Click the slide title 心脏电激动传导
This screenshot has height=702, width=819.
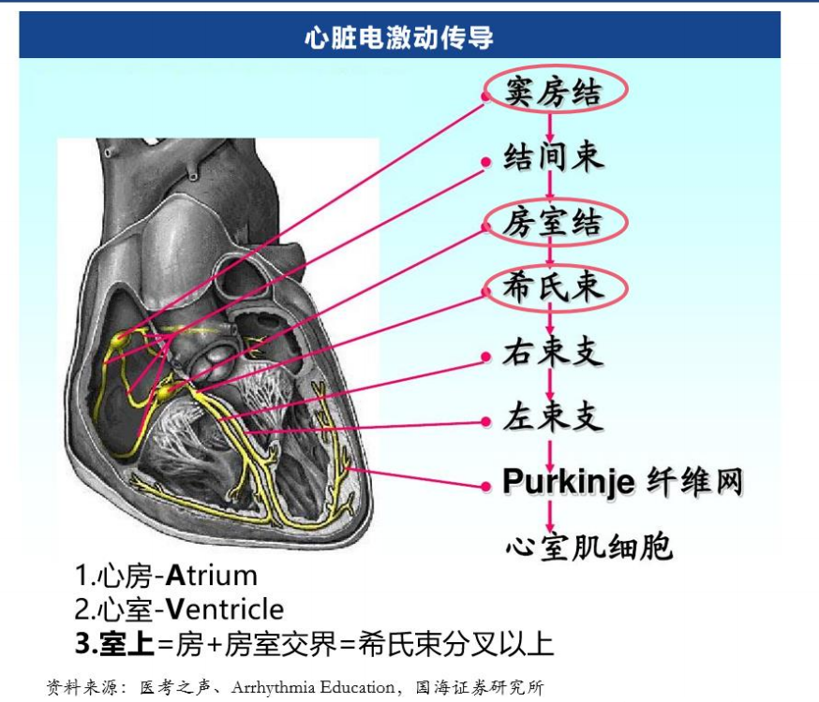tap(399, 37)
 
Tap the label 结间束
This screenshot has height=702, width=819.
tap(553, 156)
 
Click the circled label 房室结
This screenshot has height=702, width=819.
tap(553, 222)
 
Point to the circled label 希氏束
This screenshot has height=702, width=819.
tap(553, 286)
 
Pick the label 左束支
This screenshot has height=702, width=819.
tap(553, 417)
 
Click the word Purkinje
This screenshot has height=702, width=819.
tap(569, 481)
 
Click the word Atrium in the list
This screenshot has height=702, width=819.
tap(212, 576)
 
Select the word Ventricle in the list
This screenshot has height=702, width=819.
tap(225, 609)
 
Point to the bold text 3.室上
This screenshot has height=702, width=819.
tap(114, 643)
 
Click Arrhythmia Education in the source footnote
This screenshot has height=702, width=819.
tap(312, 687)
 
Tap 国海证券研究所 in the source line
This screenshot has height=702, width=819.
tap(480, 687)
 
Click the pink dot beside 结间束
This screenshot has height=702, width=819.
tap(485, 162)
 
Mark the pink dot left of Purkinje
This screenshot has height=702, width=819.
tap(485, 487)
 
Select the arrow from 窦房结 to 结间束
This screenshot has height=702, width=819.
tap(549, 126)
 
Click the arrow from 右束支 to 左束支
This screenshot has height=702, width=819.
tap(549, 385)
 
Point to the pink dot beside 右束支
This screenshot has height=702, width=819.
tap(485, 357)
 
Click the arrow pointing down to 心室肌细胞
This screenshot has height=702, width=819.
tap(549, 516)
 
